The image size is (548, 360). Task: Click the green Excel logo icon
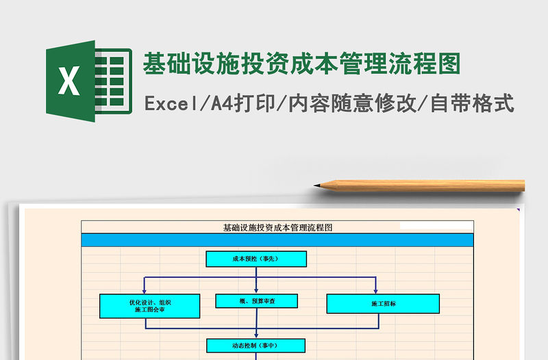(88, 81)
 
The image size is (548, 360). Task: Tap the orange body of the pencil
(425, 185)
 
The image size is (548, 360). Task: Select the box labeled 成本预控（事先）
(256, 259)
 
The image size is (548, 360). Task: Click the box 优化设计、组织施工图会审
(150, 306)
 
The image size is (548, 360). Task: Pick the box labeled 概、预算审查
(256, 300)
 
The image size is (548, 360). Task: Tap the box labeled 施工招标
(383, 303)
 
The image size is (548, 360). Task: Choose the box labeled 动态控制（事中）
(256, 346)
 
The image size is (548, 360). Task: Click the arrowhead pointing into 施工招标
(375, 290)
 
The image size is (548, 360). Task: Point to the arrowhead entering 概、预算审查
(256, 290)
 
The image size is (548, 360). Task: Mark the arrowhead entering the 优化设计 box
(145, 290)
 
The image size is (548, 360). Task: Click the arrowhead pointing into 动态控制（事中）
(256, 335)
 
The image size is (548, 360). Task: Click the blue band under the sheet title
(277, 240)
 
